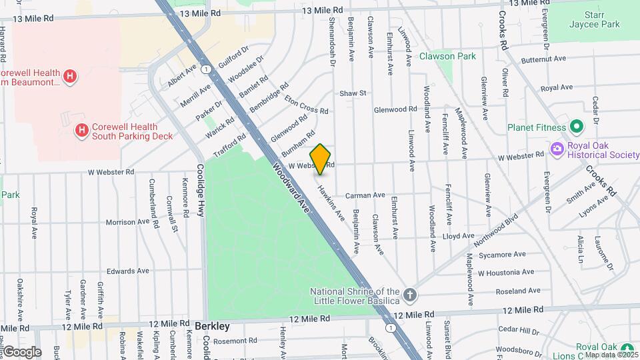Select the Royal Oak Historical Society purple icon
tap(556, 148)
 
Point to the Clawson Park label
tap(447, 57)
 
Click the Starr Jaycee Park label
tap(594, 19)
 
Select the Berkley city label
tap(213, 327)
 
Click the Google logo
tap(21, 351)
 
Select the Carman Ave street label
tap(365, 195)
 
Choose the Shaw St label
tap(353, 93)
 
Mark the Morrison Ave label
tap(128, 222)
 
